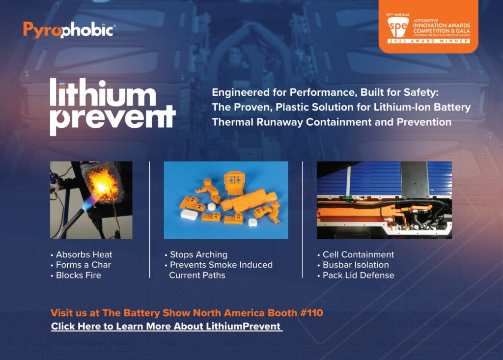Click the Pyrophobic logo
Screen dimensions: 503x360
click(69, 30)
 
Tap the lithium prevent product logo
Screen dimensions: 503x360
click(112, 107)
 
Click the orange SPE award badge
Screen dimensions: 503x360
click(428, 27)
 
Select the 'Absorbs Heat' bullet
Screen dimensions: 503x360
click(82, 255)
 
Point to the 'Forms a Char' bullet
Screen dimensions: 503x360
click(81, 265)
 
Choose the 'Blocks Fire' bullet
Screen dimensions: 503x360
click(76, 276)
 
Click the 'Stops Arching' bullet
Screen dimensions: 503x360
click(196, 255)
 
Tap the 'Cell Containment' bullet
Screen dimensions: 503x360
click(356, 255)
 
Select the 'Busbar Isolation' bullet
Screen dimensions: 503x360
click(353, 265)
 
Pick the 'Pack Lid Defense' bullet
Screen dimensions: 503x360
click(356, 276)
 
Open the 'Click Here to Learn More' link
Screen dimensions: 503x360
click(167, 326)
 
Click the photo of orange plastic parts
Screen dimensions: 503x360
click(226, 200)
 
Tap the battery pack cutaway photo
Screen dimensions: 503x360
click(384, 200)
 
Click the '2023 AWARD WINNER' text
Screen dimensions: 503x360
click(428, 41)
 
